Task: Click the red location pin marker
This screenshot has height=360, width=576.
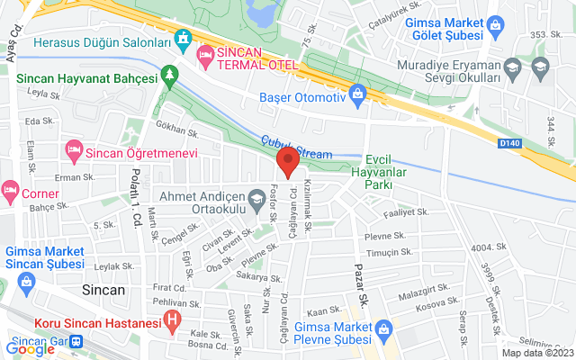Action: click(x=287, y=163)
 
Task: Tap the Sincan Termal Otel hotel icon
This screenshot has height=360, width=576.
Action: click(x=204, y=54)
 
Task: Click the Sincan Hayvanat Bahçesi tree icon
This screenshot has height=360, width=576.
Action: click(x=168, y=77)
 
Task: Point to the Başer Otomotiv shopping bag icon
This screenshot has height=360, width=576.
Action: click(x=358, y=94)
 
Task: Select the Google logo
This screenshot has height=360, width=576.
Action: click(x=30, y=349)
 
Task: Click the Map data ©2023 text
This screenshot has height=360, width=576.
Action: click(x=536, y=353)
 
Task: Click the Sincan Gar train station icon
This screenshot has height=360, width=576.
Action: click(x=77, y=343)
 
